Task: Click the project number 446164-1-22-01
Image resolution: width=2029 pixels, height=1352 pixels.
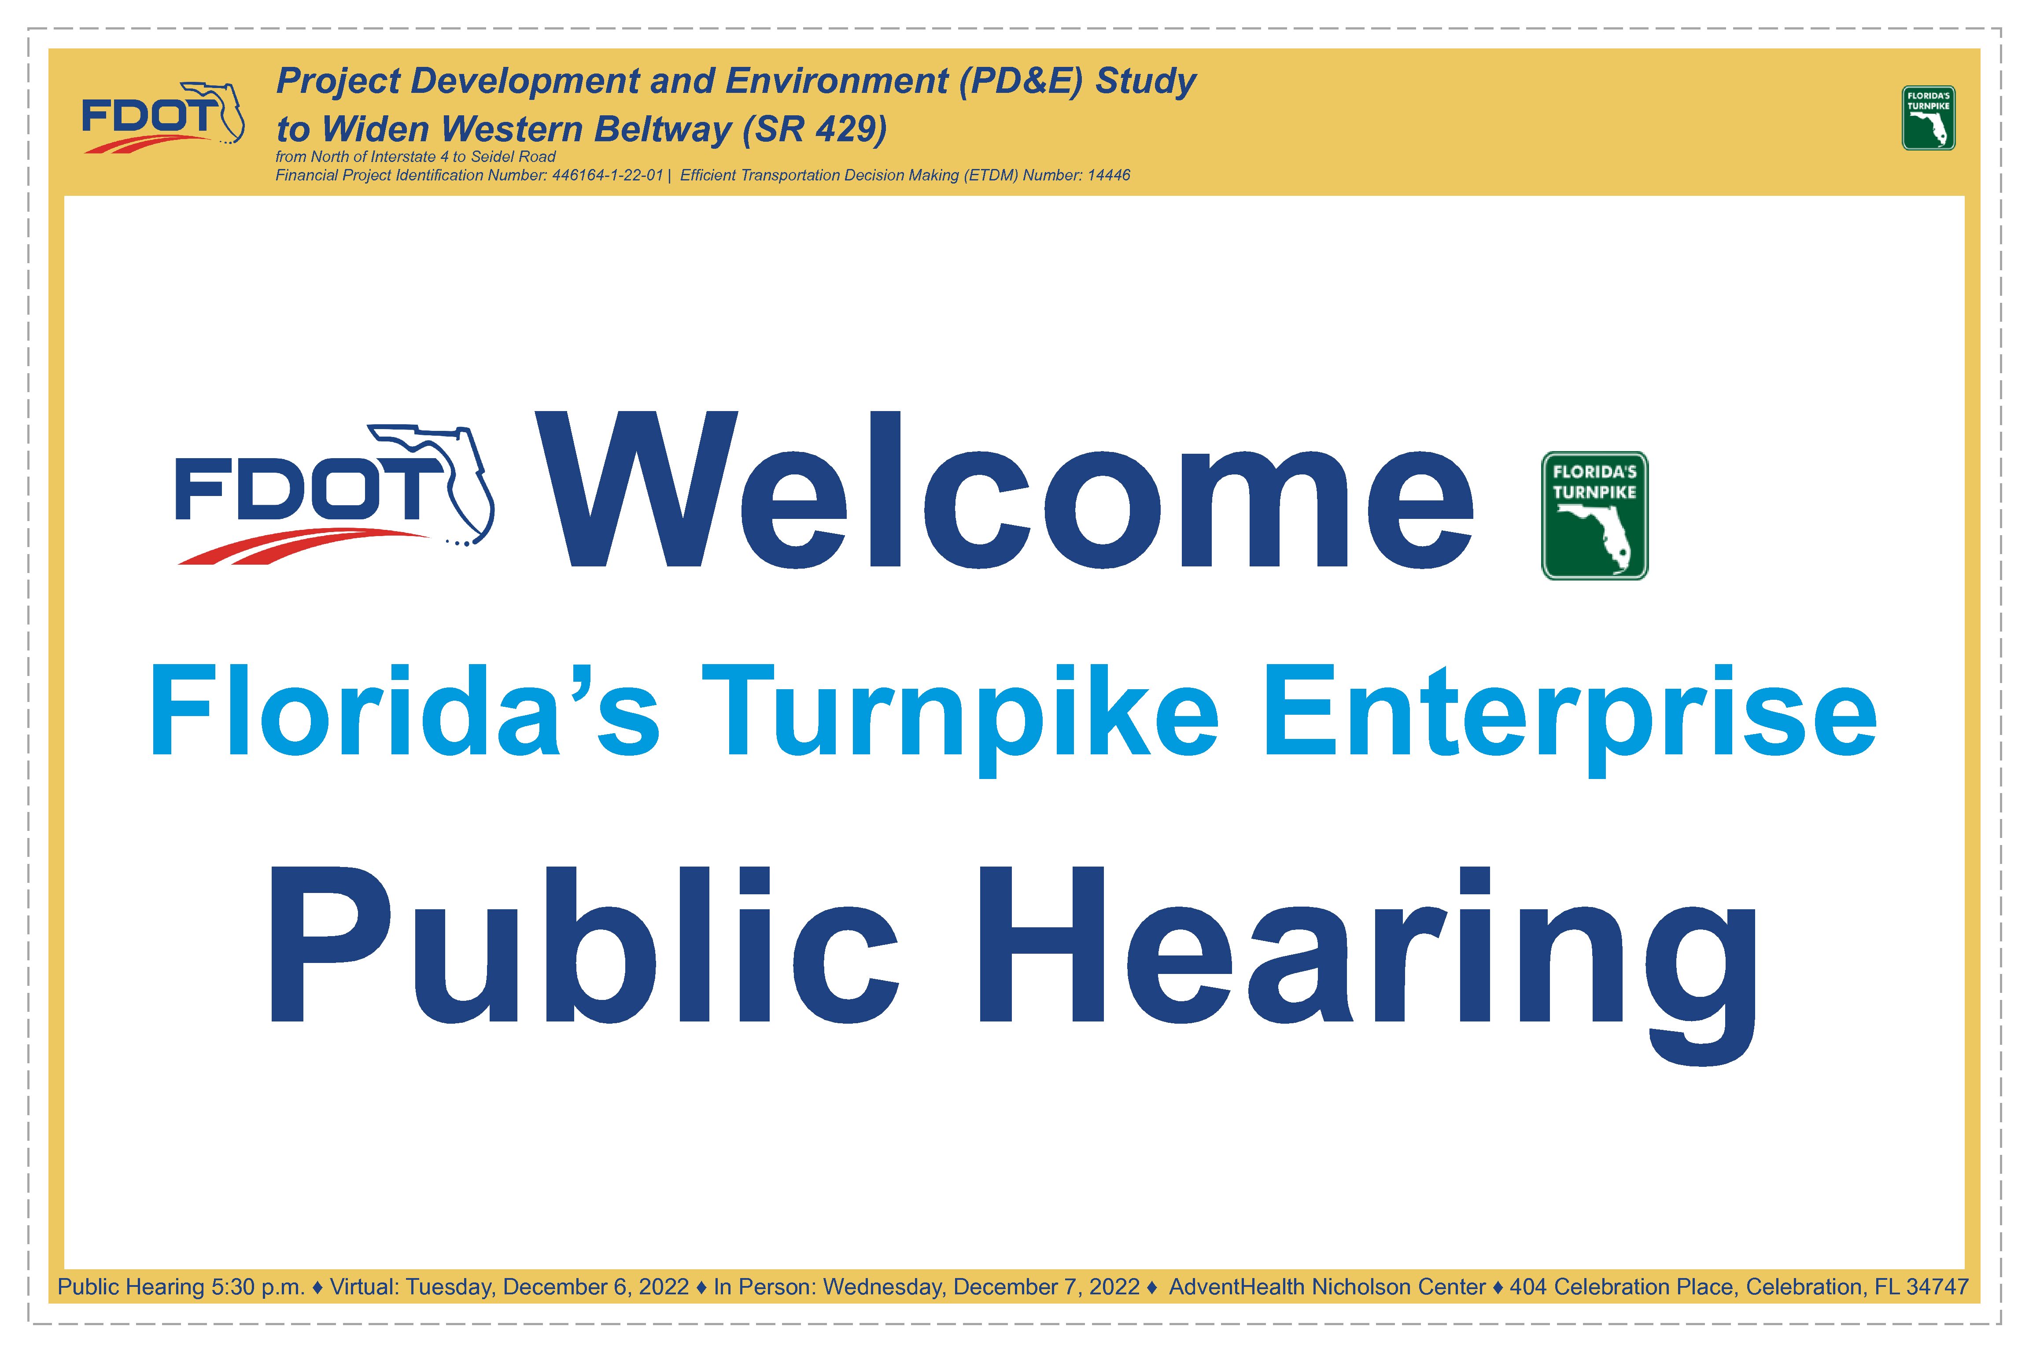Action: point(607,175)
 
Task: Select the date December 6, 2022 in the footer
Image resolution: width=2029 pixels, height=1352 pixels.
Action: point(596,1287)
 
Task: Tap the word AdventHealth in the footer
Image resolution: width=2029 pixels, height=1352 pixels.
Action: point(1236,1287)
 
